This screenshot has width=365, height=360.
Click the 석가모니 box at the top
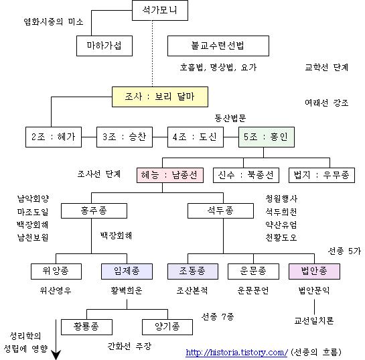click(x=160, y=11)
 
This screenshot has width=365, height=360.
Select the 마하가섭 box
click(x=104, y=46)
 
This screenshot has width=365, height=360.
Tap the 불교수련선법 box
click(x=218, y=46)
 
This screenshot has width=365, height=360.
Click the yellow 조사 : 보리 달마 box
click(x=160, y=97)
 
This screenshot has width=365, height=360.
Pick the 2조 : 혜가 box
click(x=54, y=137)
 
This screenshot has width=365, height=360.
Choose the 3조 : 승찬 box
click(x=125, y=137)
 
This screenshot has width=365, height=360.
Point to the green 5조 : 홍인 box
click(x=267, y=137)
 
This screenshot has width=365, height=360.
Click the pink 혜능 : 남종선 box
click(x=170, y=175)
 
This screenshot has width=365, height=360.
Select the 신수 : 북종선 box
click(x=246, y=175)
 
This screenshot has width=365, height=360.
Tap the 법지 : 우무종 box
click(x=321, y=175)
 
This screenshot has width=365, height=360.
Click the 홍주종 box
click(x=94, y=211)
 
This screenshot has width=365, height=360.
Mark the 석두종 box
click(x=221, y=211)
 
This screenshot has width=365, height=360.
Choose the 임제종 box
click(x=127, y=272)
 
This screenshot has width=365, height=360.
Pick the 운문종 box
click(x=253, y=272)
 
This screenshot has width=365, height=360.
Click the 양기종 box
click(x=167, y=327)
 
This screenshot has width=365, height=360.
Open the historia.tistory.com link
click(x=236, y=352)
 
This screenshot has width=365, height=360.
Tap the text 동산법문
click(x=230, y=119)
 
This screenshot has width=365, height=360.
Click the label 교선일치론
click(x=314, y=321)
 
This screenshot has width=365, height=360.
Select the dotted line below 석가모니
click(x=153, y=54)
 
